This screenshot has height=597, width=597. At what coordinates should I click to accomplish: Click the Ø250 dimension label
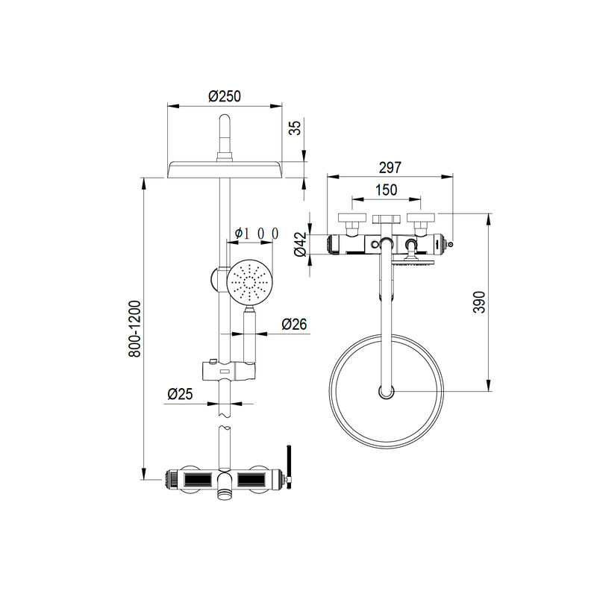[225, 96]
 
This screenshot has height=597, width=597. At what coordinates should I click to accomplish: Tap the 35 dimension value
[295, 128]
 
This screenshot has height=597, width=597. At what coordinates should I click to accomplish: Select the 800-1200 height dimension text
[134, 329]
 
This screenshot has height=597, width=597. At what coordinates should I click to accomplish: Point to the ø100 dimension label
[257, 233]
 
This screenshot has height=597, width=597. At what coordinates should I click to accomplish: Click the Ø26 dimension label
[294, 324]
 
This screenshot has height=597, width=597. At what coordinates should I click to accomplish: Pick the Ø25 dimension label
[180, 394]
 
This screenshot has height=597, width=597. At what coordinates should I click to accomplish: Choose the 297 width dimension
[390, 167]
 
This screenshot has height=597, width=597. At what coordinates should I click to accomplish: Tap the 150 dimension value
[386, 190]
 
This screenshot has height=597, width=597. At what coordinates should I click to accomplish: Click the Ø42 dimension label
[301, 244]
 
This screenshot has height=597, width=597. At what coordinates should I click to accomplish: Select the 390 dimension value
[479, 302]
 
